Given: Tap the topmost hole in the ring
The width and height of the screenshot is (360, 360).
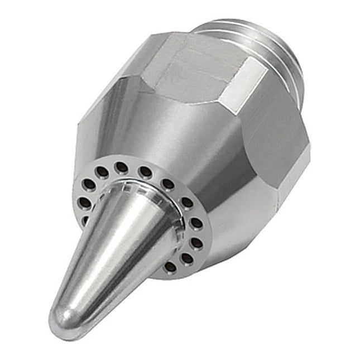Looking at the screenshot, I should coord(121,166).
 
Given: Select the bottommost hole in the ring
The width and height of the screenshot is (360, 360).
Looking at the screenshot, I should coord(170,266).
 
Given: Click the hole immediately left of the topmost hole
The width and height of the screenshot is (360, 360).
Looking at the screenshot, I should coord(103,171).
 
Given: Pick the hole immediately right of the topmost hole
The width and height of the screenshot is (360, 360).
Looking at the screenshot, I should coord(145,171).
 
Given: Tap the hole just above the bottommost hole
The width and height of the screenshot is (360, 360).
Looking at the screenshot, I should coord(187,258).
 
